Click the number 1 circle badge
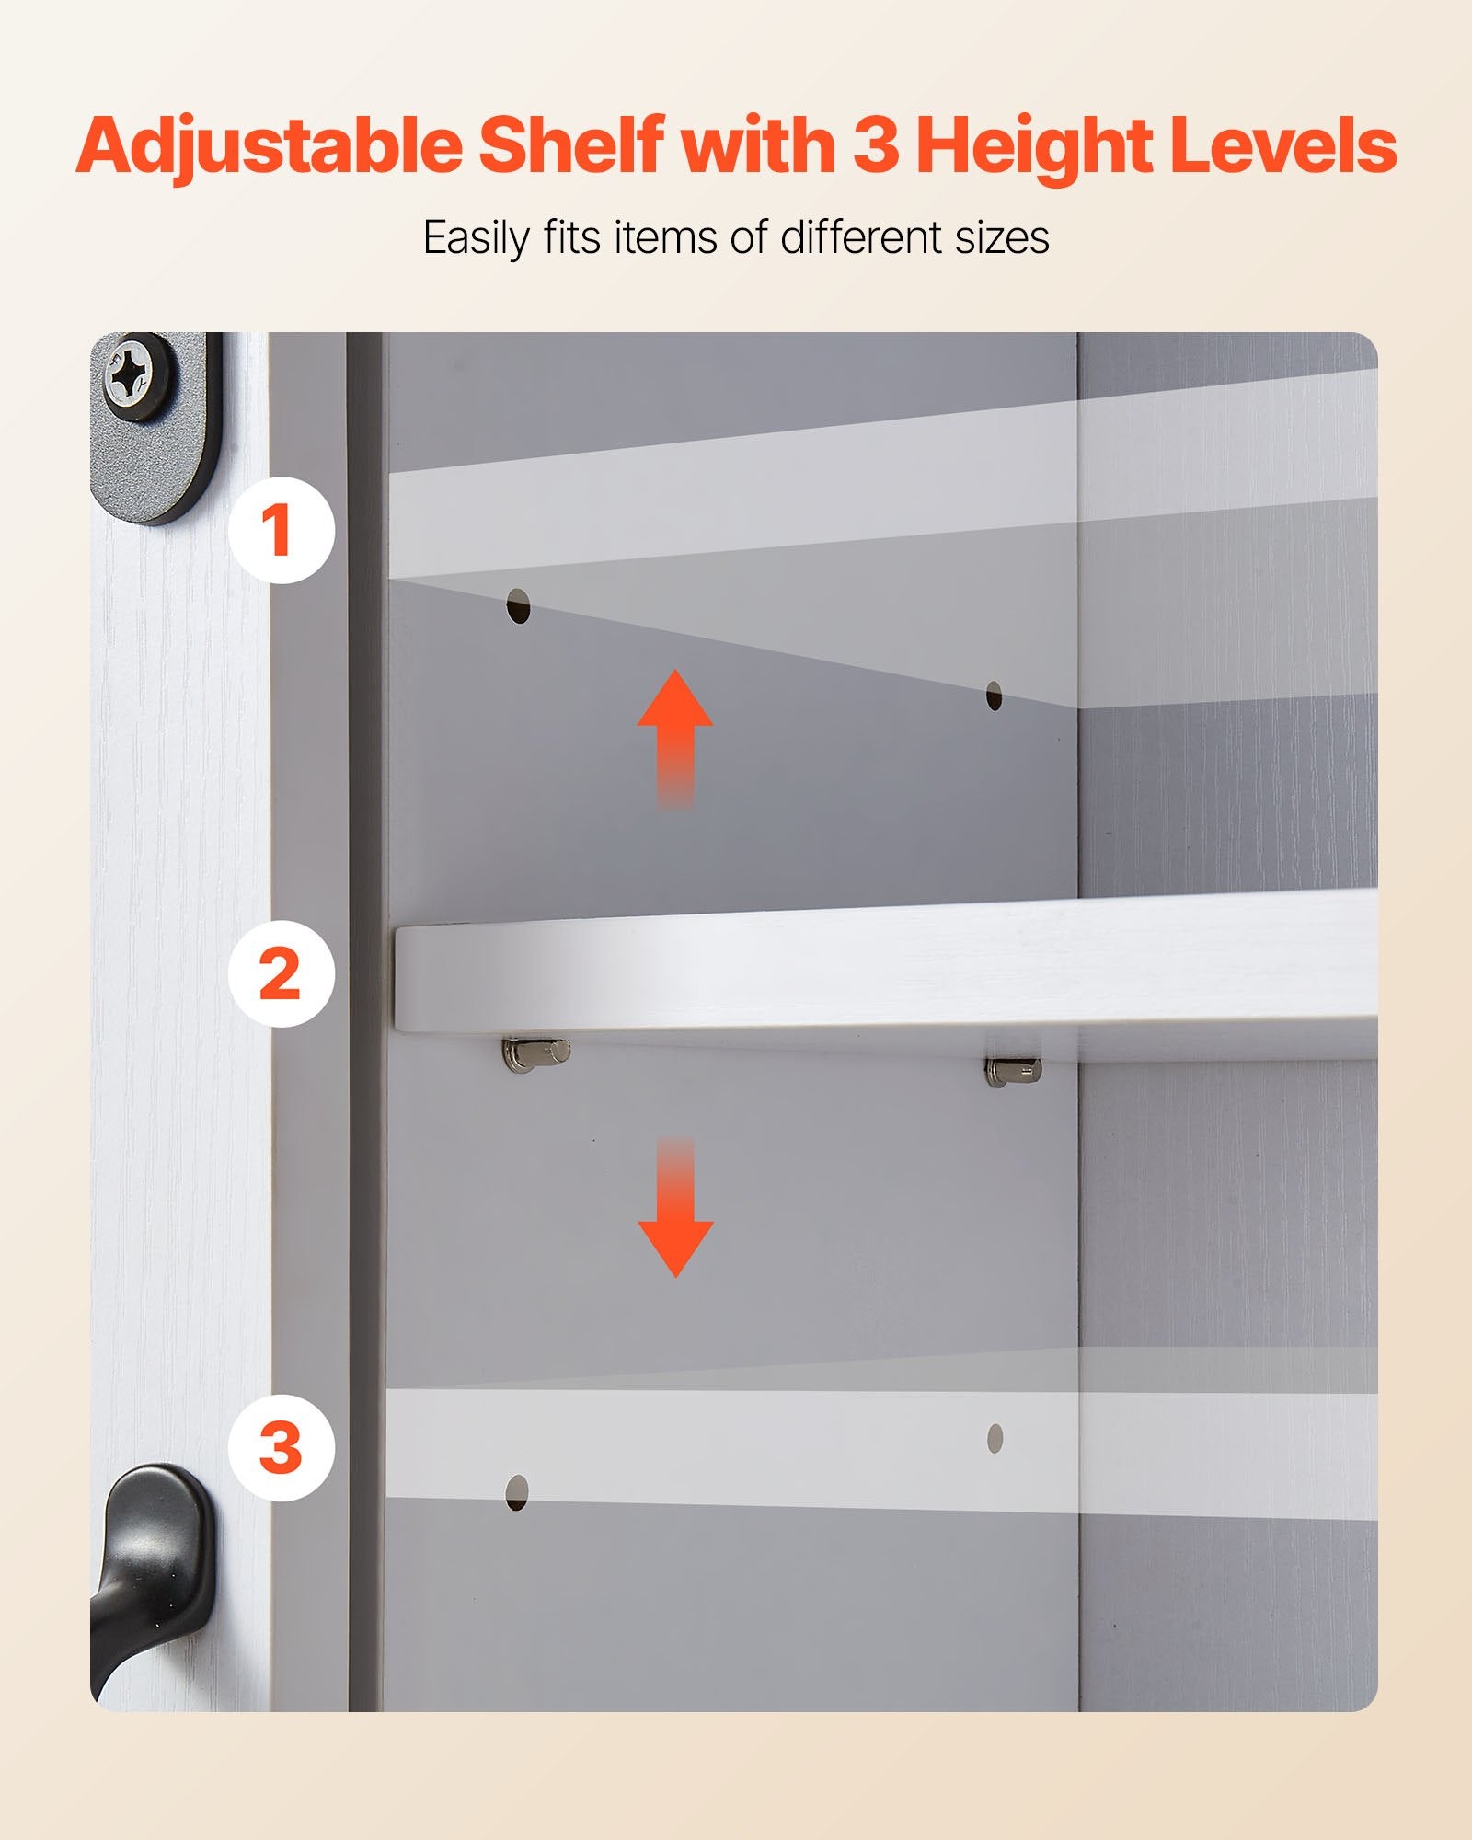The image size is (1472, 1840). [x=282, y=530]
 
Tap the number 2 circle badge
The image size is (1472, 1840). [x=282, y=974]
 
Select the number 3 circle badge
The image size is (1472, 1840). [x=282, y=1448]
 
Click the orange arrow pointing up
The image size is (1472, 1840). [x=675, y=739]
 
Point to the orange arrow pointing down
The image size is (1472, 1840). [x=675, y=1207]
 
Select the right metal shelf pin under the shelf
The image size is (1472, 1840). [x=1014, y=1069]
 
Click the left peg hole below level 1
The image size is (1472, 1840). [x=520, y=607]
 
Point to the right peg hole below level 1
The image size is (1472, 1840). [x=994, y=696]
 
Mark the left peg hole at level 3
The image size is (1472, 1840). [x=517, y=1492]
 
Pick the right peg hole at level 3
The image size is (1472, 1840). [x=995, y=1438]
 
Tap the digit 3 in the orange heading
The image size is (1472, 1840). [x=876, y=145]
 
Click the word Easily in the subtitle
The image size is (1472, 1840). [x=477, y=238]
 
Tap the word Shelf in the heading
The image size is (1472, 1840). [x=571, y=145]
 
